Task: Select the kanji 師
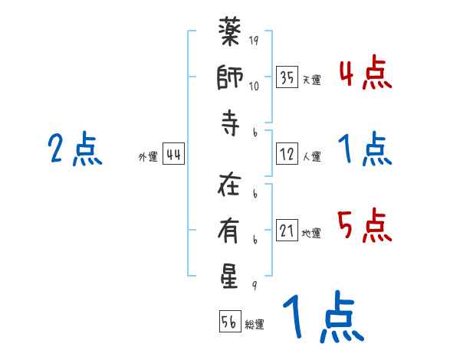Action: tap(230, 80)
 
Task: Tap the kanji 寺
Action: tap(230, 126)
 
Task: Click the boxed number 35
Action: tap(287, 77)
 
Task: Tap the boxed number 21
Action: tap(287, 231)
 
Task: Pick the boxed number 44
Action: tap(173, 155)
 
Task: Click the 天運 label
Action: tap(311, 80)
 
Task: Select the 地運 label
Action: tap(311, 234)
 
